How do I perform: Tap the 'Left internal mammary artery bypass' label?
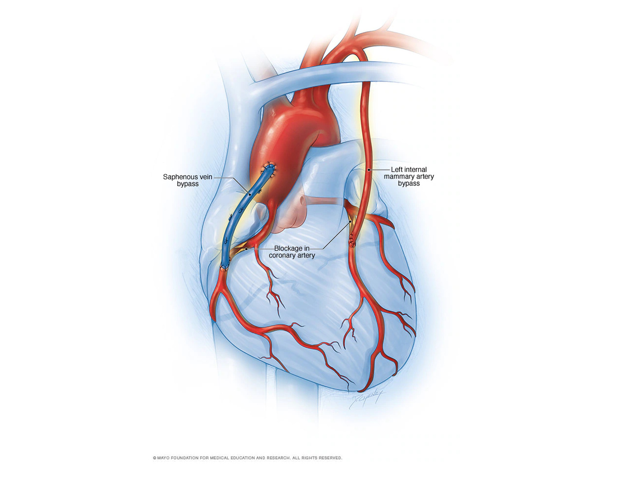coord(408,176)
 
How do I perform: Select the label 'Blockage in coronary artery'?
coord(292,252)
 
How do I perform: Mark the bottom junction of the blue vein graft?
coord(224,267)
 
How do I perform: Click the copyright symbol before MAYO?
coord(154,458)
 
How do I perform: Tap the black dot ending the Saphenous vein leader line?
coord(250,195)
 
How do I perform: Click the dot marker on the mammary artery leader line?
coord(369,169)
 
